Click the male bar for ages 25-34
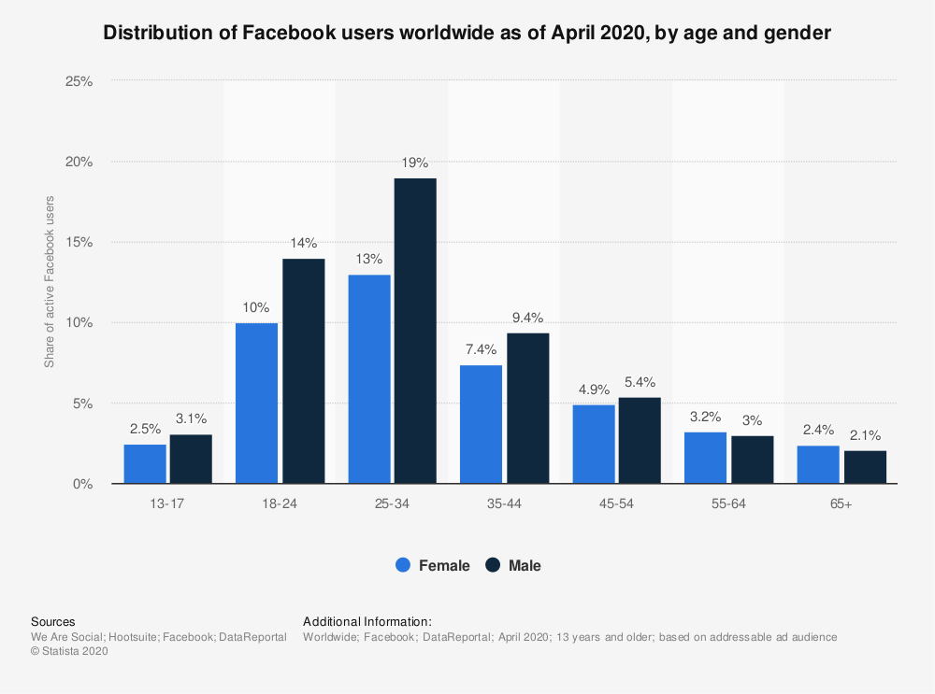click(415, 331)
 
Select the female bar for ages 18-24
click(257, 404)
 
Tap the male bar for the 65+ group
click(865, 467)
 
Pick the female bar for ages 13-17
click(145, 464)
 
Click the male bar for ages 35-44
click(527, 408)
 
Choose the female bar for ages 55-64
click(706, 458)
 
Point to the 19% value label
click(415, 163)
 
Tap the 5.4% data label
click(640, 382)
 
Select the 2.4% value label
click(818, 431)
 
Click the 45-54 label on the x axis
click(617, 503)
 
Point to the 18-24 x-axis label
click(280, 503)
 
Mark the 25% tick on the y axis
click(79, 81)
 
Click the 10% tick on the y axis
click(79, 323)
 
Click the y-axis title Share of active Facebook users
click(50, 282)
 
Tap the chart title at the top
click(467, 34)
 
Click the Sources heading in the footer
click(53, 621)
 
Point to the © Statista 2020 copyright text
click(70, 652)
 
